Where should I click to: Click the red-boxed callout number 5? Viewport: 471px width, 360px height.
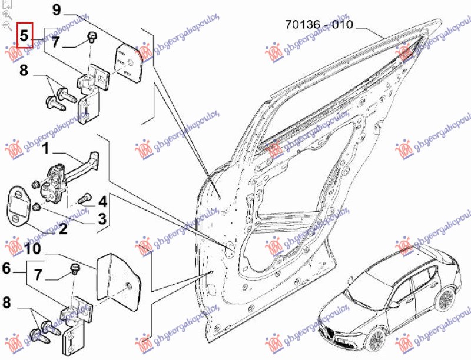coord(25,36)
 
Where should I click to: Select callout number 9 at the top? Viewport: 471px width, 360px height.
coord(57,10)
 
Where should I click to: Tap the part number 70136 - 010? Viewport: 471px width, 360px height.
coord(319,25)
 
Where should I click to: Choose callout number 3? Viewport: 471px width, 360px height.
coord(101,218)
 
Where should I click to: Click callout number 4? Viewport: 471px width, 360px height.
coord(102,202)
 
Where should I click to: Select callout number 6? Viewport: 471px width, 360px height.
coord(7,269)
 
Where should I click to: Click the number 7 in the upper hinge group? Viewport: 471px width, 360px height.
coord(55,42)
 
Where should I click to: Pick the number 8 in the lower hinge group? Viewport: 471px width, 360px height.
coord(7,304)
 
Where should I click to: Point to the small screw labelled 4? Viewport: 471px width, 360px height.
coord(84,196)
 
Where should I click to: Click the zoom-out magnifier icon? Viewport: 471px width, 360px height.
coord(7,25)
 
